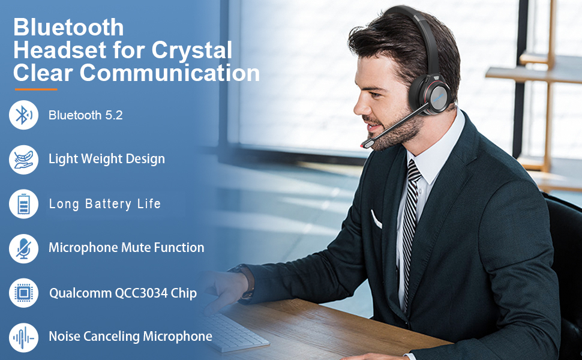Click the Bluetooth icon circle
pos(23,115)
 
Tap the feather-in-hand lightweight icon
pos(23,160)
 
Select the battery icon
pos(23,204)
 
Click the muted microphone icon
pos(23,248)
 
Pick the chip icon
pos(23,293)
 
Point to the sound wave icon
pos(23,337)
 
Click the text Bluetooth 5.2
pos(85,115)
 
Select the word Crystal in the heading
pos(191,50)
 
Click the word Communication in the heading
pos(170,73)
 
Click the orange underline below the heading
pos(36,89)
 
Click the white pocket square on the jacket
pos(376,220)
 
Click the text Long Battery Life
pos(104,204)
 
